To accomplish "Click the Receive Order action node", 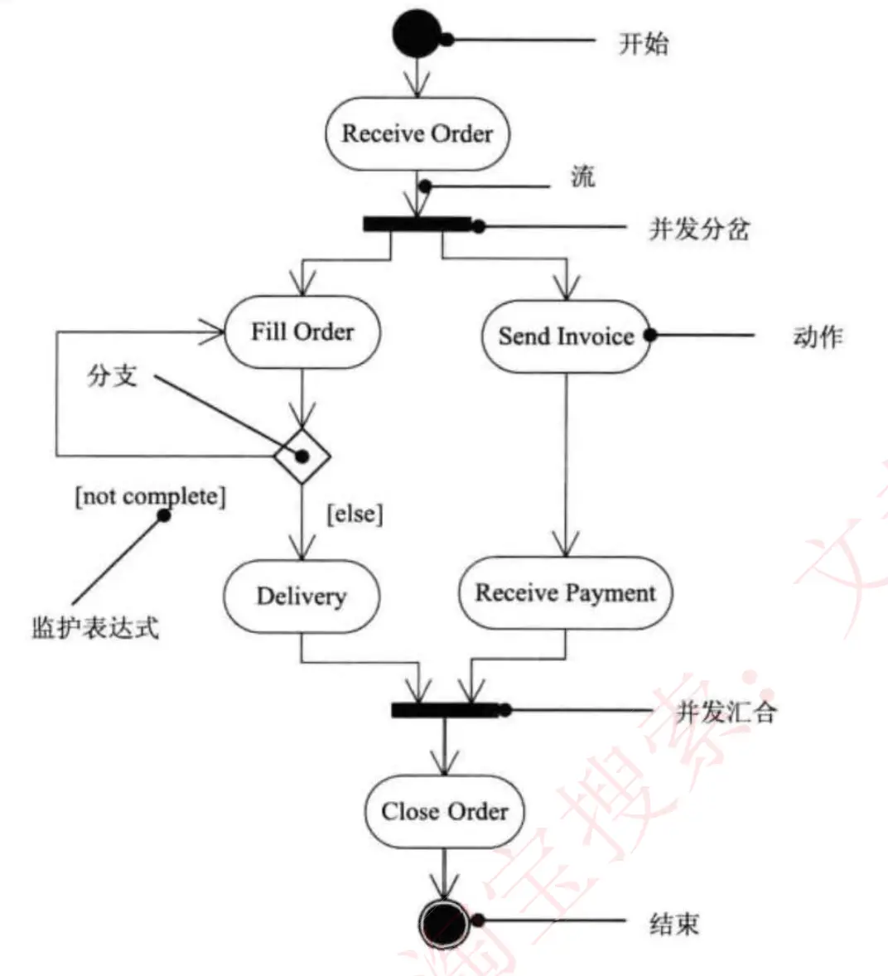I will pos(417,134).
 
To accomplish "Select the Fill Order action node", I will pos(302,332).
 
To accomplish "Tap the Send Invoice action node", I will pos(566,336).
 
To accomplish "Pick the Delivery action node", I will pos(302,597).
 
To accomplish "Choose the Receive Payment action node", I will pos(565,593).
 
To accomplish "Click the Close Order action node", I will pos(445,811).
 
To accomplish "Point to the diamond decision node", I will pos(302,456).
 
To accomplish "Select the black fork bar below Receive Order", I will pos(417,224).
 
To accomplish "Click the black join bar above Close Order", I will pos(445,710).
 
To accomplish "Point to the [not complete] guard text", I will pos(150,496).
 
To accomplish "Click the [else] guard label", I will pos(355,514).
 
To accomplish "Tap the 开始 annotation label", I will pos(644,43).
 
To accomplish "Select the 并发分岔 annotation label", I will pos(699,229).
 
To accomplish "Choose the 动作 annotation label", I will pos(818,337).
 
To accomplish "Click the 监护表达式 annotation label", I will pos(94,627).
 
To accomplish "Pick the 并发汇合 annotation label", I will pos(726,712).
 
